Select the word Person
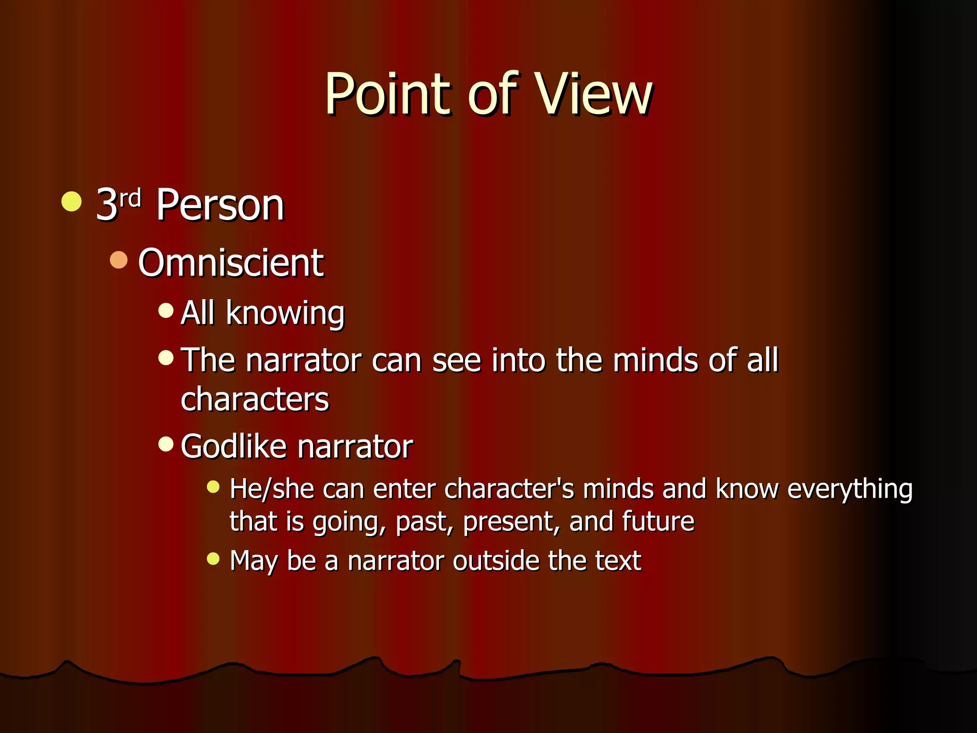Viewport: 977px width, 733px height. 220,205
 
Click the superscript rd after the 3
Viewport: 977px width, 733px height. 130,198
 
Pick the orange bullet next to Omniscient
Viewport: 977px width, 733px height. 119,260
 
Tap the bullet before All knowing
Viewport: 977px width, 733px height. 166,311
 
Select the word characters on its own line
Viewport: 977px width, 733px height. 255,399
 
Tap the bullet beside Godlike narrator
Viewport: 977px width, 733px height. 166,444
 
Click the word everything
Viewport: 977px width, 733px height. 850,490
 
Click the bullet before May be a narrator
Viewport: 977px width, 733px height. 213,558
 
